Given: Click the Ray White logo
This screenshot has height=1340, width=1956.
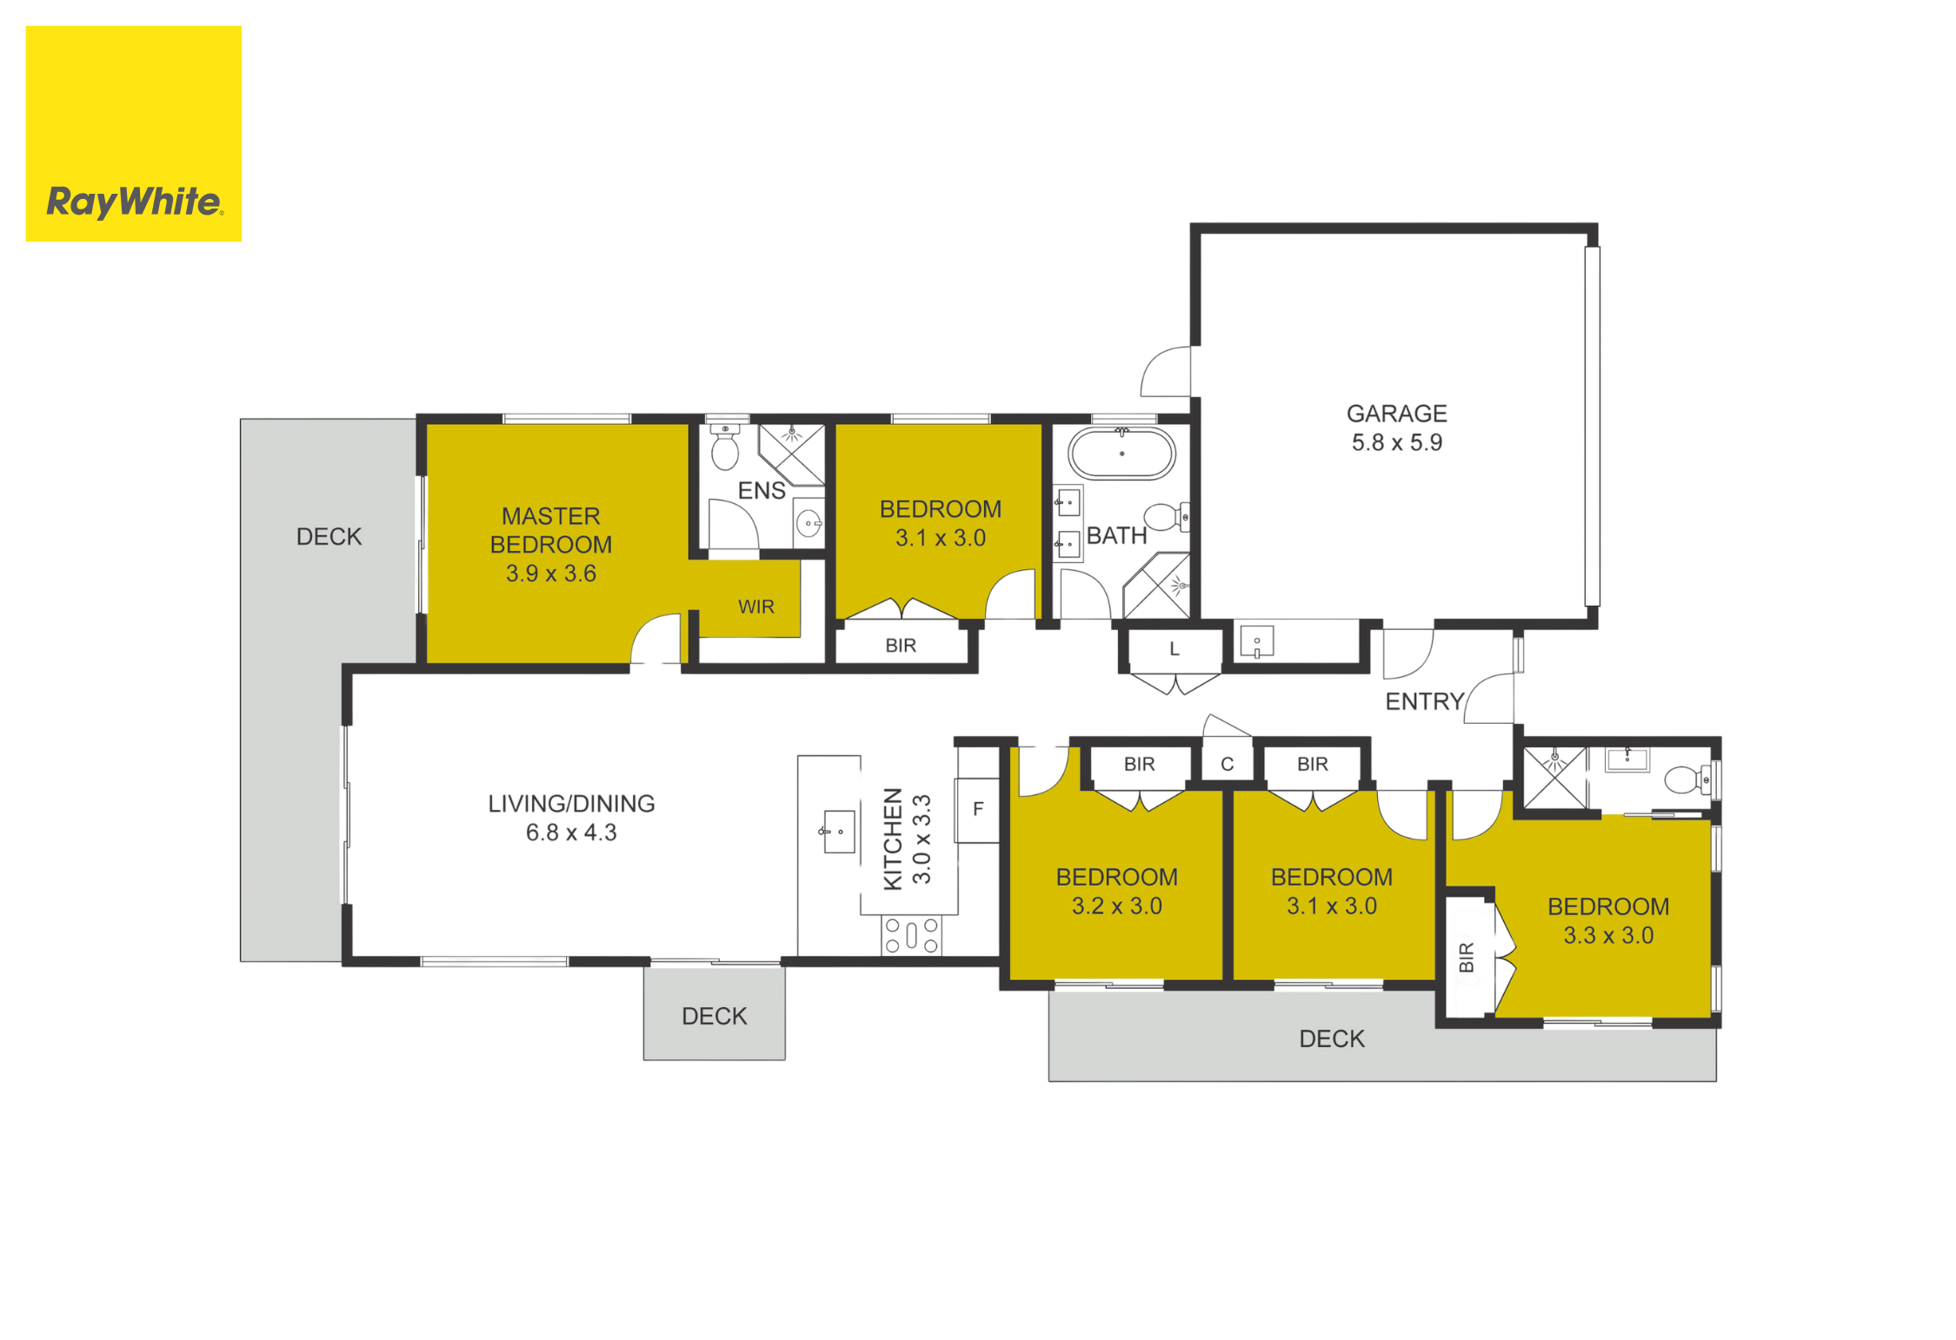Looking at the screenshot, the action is coord(134,134).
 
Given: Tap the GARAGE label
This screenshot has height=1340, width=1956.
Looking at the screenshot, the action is coord(1396,414).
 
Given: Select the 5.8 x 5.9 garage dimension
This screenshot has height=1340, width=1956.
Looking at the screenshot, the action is coord(1396,442).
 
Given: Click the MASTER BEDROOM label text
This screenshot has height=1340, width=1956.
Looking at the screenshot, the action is coord(550,530).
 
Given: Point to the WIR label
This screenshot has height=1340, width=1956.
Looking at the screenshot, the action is coord(755,607).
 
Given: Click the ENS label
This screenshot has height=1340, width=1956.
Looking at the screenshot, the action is coord(762,491).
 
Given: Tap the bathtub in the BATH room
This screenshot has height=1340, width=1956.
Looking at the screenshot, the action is coord(1121,453).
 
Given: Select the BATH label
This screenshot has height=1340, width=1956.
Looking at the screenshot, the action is coord(1116,535).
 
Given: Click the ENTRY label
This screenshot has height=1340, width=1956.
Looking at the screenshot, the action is coord(1424,701).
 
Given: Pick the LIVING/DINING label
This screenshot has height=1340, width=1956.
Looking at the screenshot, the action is coord(571,804).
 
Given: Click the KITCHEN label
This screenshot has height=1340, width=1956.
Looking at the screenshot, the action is coord(893,839).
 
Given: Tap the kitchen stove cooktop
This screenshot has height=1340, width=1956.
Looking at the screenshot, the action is coord(912,935).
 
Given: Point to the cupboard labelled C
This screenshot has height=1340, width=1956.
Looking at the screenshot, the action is coord(1227,764).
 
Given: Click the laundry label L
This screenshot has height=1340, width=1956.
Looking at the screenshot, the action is coord(1174,649).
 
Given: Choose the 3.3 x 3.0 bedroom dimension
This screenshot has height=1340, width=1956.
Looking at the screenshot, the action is coord(1608,935).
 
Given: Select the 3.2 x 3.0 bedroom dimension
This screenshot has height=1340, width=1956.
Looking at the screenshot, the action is coord(1116,905).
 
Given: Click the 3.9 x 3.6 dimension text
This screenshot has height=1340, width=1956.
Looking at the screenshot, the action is coord(550,574).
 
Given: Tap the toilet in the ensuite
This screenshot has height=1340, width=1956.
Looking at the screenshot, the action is coord(725,445).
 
